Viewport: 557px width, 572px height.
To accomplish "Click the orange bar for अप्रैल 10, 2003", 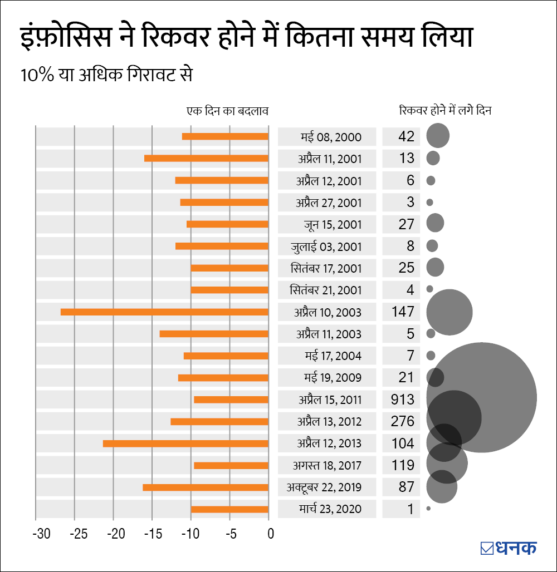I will click(x=164, y=312).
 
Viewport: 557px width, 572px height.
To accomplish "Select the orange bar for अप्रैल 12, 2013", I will click(x=185, y=443).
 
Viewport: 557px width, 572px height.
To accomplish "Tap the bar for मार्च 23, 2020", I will click(x=229, y=509).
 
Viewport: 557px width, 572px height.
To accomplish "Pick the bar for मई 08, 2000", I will click(x=225, y=137).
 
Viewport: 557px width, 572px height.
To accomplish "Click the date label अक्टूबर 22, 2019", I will click(x=324, y=487).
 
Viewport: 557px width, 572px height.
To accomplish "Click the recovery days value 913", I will click(x=403, y=399).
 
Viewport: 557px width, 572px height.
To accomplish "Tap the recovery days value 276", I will click(x=403, y=421).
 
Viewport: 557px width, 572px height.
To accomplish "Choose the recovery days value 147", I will click(x=403, y=312).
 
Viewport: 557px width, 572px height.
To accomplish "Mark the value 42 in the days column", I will click(x=407, y=137).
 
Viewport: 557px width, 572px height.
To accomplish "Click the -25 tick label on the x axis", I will click(x=79, y=535).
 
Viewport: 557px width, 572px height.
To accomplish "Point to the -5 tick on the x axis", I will click(x=231, y=535).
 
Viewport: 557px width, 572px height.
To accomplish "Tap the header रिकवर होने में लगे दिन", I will click(x=445, y=110).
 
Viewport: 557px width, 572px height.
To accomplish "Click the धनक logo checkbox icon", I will click(x=487, y=548).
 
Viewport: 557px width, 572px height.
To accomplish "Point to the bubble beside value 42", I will click(x=438, y=136).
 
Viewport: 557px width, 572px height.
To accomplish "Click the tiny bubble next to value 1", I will click(x=428, y=509).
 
